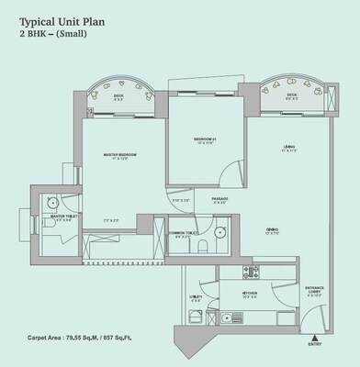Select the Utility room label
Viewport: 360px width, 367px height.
pyautogui.click(x=196, y=296)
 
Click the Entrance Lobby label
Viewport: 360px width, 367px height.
pyautogui.click(x=314, y=292)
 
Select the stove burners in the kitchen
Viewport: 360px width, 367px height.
pyautogui.click(x=247, y=272)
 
